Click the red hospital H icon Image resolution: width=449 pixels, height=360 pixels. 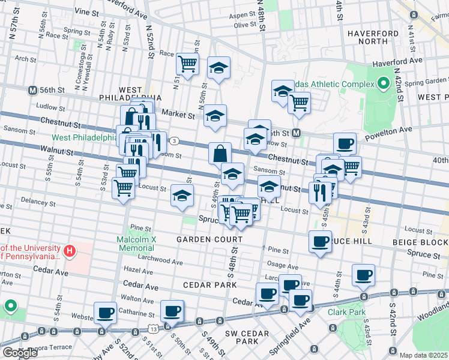70,251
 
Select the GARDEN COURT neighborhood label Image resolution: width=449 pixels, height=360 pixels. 209,239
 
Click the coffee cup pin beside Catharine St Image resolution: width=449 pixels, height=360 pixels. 106,313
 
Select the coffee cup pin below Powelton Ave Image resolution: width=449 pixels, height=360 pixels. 345,143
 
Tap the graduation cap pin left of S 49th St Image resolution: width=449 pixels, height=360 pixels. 182,195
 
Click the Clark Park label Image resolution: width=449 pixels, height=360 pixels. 346,312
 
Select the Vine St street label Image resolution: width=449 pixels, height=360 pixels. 87,12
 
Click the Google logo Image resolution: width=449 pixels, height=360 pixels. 19,353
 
